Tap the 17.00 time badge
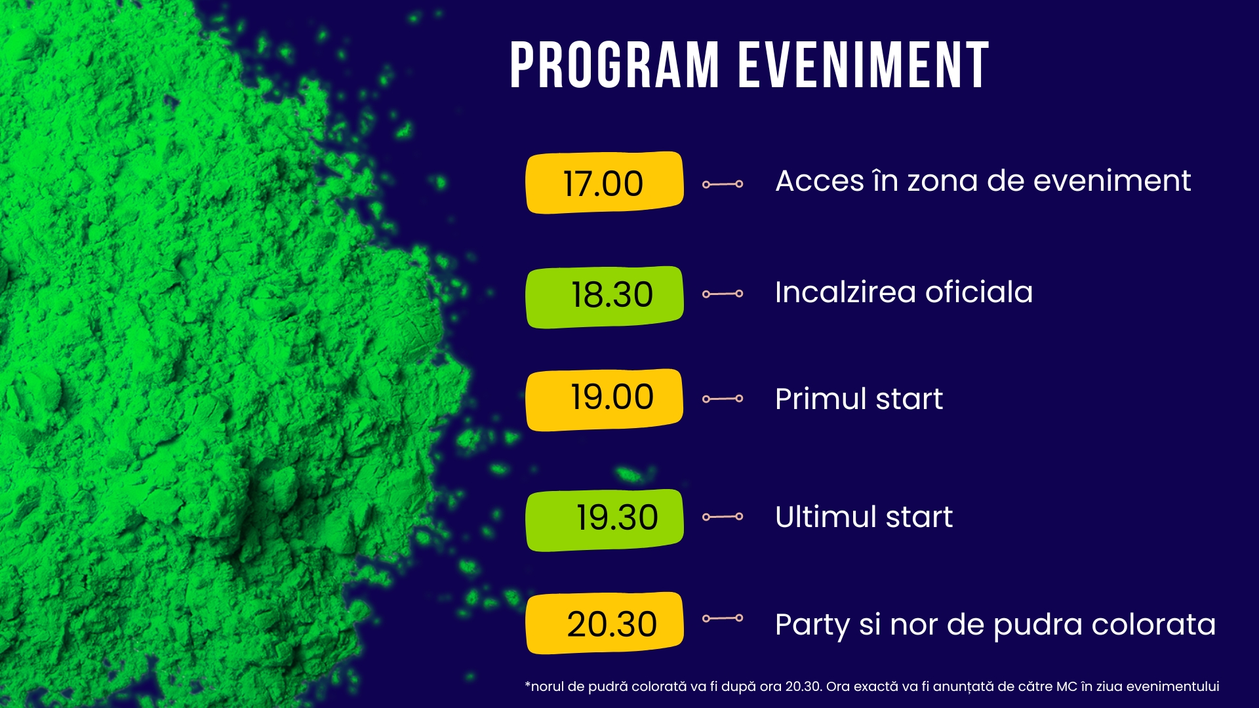tap(605, 183)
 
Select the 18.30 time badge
tap(605, 297)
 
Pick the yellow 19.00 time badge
tap(605, 400)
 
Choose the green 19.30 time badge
tap(605, 520)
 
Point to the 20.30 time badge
tap(605, 623)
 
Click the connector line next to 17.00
tap(723, 184)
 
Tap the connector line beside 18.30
tap(723, 294)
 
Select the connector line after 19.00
tap(723, 399)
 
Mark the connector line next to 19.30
tap(723, 517)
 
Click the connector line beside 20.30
tap(723, 618)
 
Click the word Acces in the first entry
tap(820, 181)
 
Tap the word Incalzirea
tap(845, 292)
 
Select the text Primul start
tap(859, 399)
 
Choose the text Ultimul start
tap(864, 517)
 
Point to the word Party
tap(812, 625)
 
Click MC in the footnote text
tap(1066, 686)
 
